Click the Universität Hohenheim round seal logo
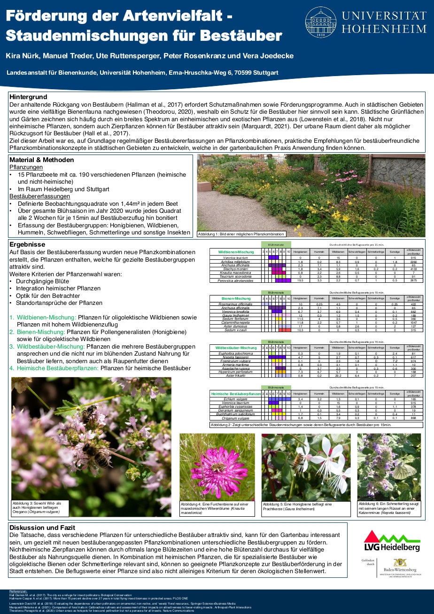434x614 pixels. (321, 23)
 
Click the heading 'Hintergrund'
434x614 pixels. (28, 96)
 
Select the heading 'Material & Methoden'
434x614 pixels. (41, 160)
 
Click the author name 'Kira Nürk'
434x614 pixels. (22, 56)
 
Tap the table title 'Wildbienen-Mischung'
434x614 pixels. (236, 252)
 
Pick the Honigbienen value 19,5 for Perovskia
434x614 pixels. (301, 280)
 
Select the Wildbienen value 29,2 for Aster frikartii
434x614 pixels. (338, 376)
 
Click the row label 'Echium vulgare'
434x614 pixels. (236, 399)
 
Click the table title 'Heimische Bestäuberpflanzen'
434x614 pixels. (236, 394)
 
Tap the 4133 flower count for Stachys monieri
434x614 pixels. (413, 269)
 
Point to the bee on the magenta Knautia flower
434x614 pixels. (217, 467)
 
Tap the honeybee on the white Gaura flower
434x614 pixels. (297, 461)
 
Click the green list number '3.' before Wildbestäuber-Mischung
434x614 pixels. (12, 347)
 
